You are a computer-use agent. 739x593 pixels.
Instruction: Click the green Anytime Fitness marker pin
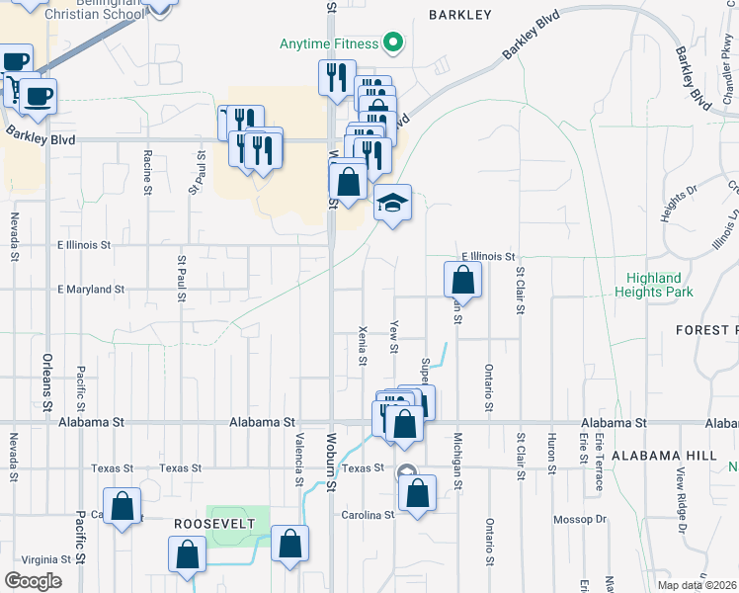tap(393, 42)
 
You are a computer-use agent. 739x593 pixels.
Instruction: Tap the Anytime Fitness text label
tap(329, 43)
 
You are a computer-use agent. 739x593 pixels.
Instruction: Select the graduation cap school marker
tap(392, 205)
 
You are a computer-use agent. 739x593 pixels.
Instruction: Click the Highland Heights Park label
tap(654, 285)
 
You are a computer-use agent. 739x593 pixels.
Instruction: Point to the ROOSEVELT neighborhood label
tap(207, 522)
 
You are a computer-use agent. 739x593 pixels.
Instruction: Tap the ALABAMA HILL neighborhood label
tap(663, 456)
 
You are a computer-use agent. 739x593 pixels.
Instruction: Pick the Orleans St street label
tap(46, 382)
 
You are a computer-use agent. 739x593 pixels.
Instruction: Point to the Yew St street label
tap(393, 337)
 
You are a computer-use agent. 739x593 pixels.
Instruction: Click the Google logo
tap(33, 581)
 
